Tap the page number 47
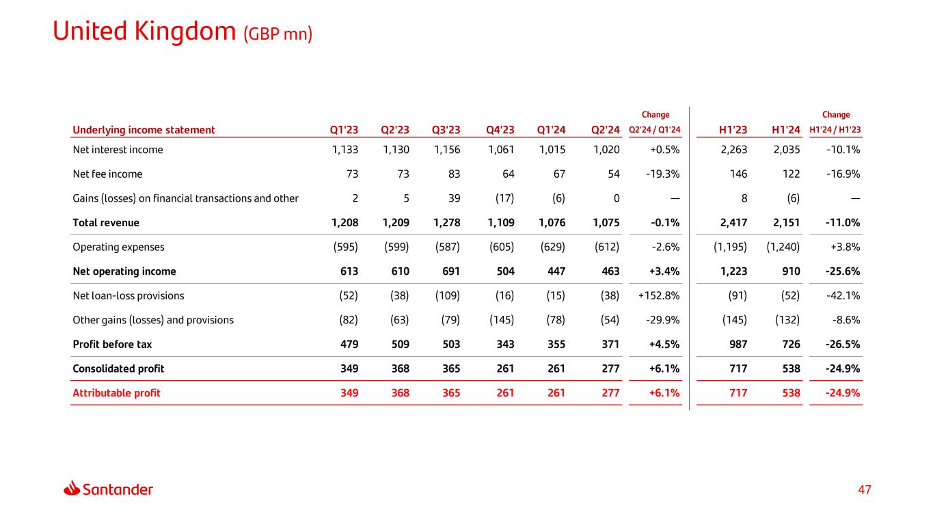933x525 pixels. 866,489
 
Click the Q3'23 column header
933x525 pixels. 446,130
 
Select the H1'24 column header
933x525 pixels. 786,130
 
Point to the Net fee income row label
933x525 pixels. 107,174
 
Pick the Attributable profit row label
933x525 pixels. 116,392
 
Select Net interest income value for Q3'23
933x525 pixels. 446,150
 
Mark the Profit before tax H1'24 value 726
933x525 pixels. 791,344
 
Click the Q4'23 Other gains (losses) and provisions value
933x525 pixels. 500,320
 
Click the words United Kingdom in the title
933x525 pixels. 145,31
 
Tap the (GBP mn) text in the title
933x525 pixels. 278,33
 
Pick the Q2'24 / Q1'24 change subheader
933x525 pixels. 655,130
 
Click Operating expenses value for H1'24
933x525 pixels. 783,247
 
